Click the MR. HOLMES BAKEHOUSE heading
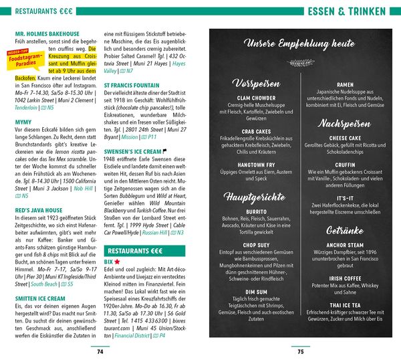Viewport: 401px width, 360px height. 47,33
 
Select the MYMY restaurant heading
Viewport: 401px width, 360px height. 23,122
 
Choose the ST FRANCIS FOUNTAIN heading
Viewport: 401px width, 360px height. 132,86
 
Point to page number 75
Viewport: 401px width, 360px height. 301,351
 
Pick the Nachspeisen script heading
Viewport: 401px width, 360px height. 344,124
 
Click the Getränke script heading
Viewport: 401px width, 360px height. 345,229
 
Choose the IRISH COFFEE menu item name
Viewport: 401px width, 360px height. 346,278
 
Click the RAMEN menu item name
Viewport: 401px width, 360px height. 346,84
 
